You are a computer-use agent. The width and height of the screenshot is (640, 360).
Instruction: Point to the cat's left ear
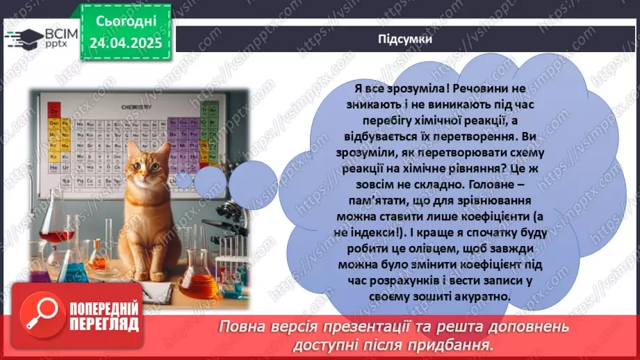click(132, 149)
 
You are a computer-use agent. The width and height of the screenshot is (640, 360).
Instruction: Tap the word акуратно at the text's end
click(479, 296)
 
